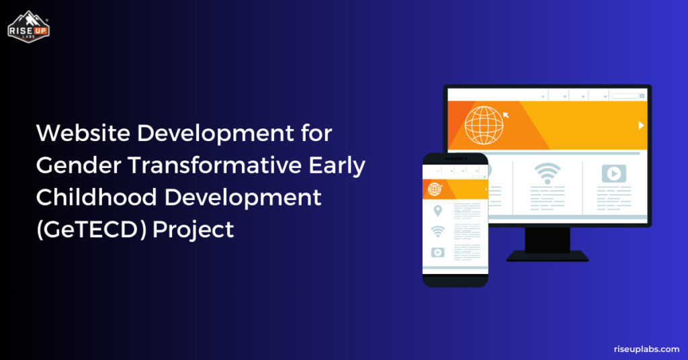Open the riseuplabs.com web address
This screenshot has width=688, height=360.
[646, 349]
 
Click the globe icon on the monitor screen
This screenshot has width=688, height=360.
[483, 125]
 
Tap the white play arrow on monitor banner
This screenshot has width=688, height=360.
[641, 126]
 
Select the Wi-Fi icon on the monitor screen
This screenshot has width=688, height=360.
[547, 173]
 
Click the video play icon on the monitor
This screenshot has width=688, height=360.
[613, 173]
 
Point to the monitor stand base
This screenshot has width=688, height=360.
[547, 256]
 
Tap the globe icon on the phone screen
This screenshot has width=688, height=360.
[434, 189]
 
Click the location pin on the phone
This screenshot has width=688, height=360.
[437, 211]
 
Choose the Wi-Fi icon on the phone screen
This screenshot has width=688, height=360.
[437, 231]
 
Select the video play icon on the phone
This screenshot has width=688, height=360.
[437, 253]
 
